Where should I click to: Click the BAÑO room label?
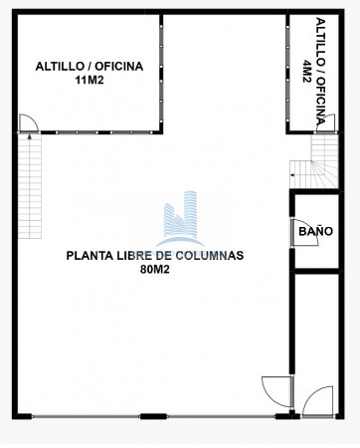point(315,231)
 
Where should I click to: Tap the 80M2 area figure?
point(155,270)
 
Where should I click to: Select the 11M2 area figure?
point(90,81)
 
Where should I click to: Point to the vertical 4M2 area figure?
point(306,71)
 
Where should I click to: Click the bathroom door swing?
point(304,232)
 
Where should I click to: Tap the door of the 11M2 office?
point(29,123)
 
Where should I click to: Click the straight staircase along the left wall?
point(30,186)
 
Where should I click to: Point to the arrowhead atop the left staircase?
point(30,135)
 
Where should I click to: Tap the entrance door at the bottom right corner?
point(317,402)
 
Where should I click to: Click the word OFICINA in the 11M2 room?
point(119,67)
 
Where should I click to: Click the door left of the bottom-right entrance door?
point(277,392)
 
